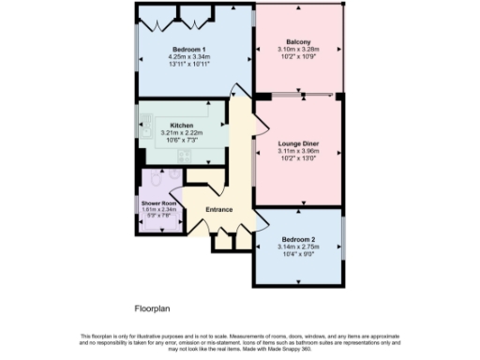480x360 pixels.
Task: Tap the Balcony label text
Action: click(x=298, y=42)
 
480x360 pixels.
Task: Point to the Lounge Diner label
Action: click(x=298, y=142)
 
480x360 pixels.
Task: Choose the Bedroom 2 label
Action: click(x=299, y=239)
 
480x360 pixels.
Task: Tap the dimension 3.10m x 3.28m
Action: click(x=298, y=51)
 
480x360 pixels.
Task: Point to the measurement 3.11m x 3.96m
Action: click(x=298, y=151)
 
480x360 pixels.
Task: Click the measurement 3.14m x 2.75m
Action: click(x=299, y=247)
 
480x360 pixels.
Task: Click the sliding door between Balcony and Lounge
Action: click(x=301, y=95)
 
